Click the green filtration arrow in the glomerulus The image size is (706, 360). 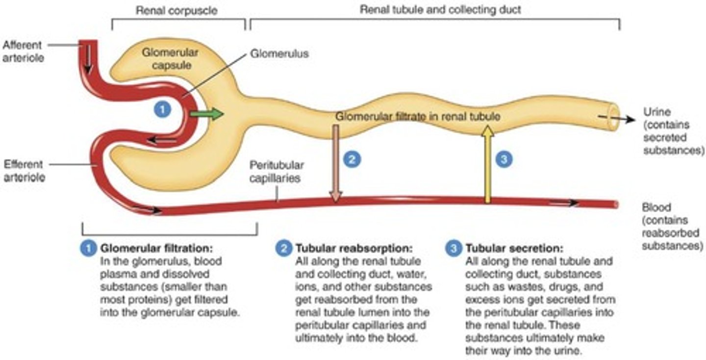(x=206, y=114)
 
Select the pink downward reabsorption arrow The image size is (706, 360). (x=335, y=162)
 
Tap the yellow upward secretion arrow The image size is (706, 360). (x=487, y=164)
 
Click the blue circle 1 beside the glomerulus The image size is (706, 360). (x=162, y=109)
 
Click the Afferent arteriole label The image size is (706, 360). (x=23, y=51)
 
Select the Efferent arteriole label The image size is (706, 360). (x=24, y=171)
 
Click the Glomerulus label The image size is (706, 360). (x=279, y=53)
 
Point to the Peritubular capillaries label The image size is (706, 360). (x=276, y=172)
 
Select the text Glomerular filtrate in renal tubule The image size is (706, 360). (x=418, y=117)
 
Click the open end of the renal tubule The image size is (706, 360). (x=613, y=117)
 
